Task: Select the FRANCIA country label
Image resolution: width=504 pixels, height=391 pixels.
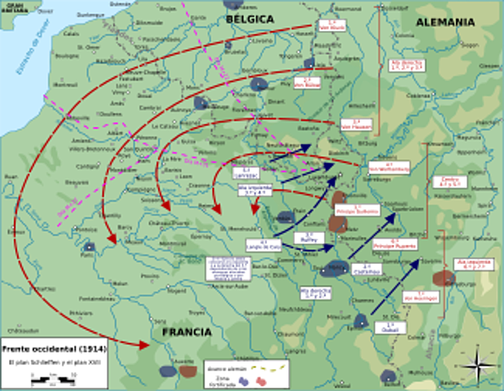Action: [186, 332]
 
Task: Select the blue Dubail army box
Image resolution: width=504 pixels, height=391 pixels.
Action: [389, 327]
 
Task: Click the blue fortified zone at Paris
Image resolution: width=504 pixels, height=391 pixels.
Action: [88, 246]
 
